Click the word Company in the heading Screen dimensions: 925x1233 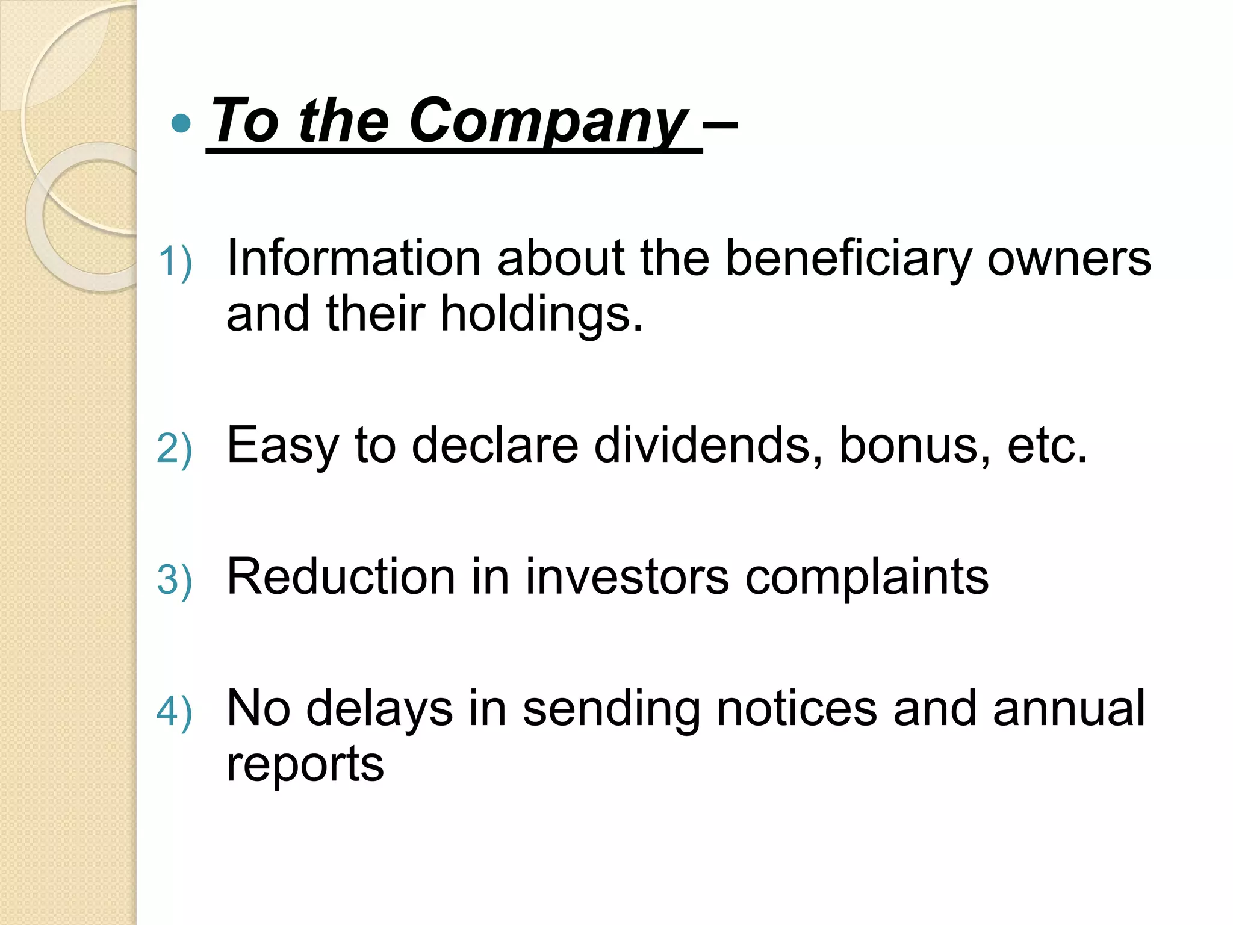548,122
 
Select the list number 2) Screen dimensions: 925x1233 175,449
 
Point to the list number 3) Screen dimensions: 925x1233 175,580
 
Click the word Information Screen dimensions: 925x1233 353,258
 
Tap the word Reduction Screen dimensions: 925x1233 341,577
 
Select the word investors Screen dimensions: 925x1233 627,577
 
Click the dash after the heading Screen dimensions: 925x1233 721,125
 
